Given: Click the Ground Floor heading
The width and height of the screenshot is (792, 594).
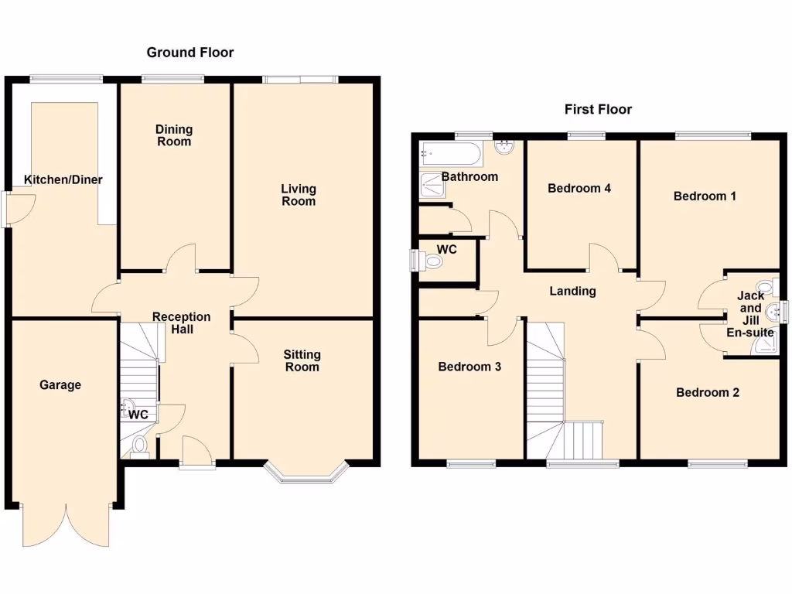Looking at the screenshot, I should [190, 53].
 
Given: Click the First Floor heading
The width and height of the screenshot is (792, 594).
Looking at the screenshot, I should [598, 109].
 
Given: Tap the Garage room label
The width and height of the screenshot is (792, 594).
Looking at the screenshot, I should [60, 385].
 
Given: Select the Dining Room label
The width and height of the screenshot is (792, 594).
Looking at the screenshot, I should [174, 135].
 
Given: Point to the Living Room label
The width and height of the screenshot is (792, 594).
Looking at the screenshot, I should [299, 195].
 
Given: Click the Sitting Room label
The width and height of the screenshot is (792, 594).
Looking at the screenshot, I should [302, 360].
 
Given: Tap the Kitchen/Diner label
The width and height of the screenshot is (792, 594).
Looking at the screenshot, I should [63, 180].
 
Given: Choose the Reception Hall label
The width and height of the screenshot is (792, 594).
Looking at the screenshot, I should [181, 323].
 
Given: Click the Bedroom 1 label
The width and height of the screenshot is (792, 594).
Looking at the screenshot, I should [705, 196].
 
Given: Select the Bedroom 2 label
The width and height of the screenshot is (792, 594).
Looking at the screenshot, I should [707, 393].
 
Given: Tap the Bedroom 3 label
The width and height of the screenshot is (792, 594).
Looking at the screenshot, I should [469, 367].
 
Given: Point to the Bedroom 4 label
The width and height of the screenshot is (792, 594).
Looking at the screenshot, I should [579, 188].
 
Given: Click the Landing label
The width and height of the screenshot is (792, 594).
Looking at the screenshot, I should [572, 292].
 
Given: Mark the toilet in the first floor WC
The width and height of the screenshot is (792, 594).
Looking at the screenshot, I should [434, 262].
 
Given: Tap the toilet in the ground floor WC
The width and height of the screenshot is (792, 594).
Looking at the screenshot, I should [139, 445].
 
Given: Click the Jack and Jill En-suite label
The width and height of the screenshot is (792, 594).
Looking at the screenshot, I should [750, 314].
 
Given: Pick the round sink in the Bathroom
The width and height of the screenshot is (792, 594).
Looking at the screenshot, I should [504, 146].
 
